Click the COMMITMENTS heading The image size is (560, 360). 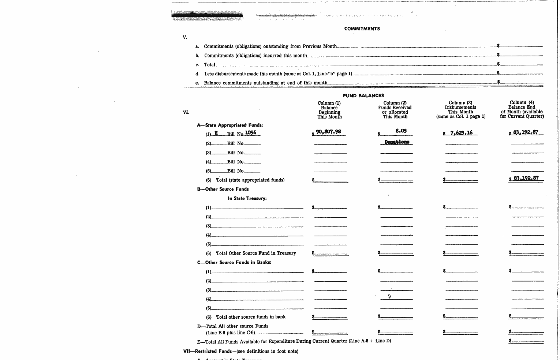[362, 29]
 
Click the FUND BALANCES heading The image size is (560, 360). [363, 95]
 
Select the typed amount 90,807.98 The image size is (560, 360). [328, 132]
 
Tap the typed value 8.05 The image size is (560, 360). [401, 131]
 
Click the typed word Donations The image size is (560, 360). [397, 142]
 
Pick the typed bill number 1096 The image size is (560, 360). [251, 132]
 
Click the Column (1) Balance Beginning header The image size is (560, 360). [329, 110]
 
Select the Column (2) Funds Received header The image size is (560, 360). [395, 110]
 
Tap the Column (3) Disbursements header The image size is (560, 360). [460, 110]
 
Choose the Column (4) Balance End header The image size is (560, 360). [522, 109]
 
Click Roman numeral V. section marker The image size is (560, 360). [185, 37]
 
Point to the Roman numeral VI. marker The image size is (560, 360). [186, 112]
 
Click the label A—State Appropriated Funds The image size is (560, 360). [230, 125]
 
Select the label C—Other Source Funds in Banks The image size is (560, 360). [234, 262]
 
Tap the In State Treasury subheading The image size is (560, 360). [247, 198]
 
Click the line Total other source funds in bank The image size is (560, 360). [251, 317]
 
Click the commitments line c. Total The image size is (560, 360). [209, 65]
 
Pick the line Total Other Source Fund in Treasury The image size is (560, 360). [255, 253]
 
